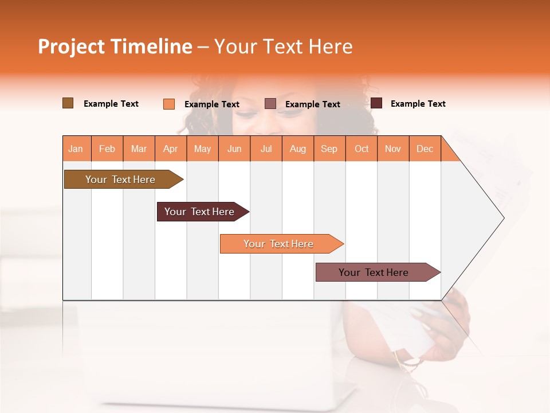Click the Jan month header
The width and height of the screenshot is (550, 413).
pos(76,149)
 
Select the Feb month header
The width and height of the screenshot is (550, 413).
pos(107,149)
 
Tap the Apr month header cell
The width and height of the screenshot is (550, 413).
pos(170,149)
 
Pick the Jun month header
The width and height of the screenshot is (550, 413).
pos(234,149)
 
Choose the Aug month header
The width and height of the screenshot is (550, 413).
pos(298,149)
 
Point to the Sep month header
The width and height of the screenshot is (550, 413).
pos(329,149)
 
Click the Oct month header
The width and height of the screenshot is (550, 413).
pos(362,149)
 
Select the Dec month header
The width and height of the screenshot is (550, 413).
pos(425,149)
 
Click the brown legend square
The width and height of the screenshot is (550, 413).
pos(68,103)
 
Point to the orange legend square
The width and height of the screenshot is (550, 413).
pos(169,104)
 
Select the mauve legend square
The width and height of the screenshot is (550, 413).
pos(270,104)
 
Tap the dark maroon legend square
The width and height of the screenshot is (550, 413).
pos(376,103)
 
